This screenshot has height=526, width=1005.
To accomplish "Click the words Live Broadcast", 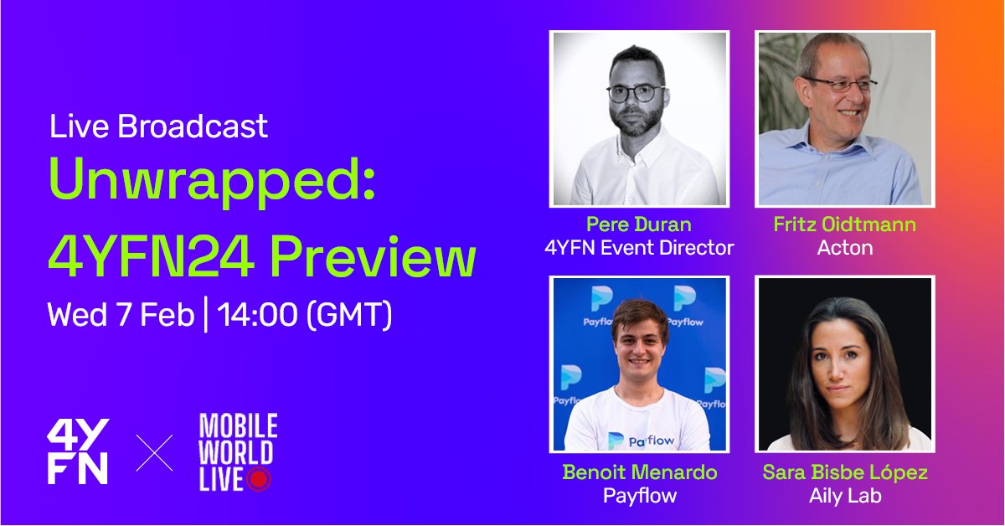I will [x=158, y=126].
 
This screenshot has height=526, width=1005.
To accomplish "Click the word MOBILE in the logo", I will [x=238, y=426].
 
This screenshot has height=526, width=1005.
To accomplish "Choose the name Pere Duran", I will [x=638, y=225].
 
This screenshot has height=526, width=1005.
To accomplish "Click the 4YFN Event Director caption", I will [x=638, y=248].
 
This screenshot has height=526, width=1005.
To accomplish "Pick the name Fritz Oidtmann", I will [x=844, y=225].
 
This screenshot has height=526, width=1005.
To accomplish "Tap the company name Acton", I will [x=844, y=248].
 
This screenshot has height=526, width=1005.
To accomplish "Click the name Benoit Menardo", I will [x=640, y=472].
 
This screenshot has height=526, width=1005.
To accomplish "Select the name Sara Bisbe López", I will [x=845, y=472].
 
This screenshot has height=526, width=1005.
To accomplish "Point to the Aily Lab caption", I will [x=845, y=495].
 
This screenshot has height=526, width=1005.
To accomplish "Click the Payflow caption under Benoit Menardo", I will [x=640, y=495].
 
